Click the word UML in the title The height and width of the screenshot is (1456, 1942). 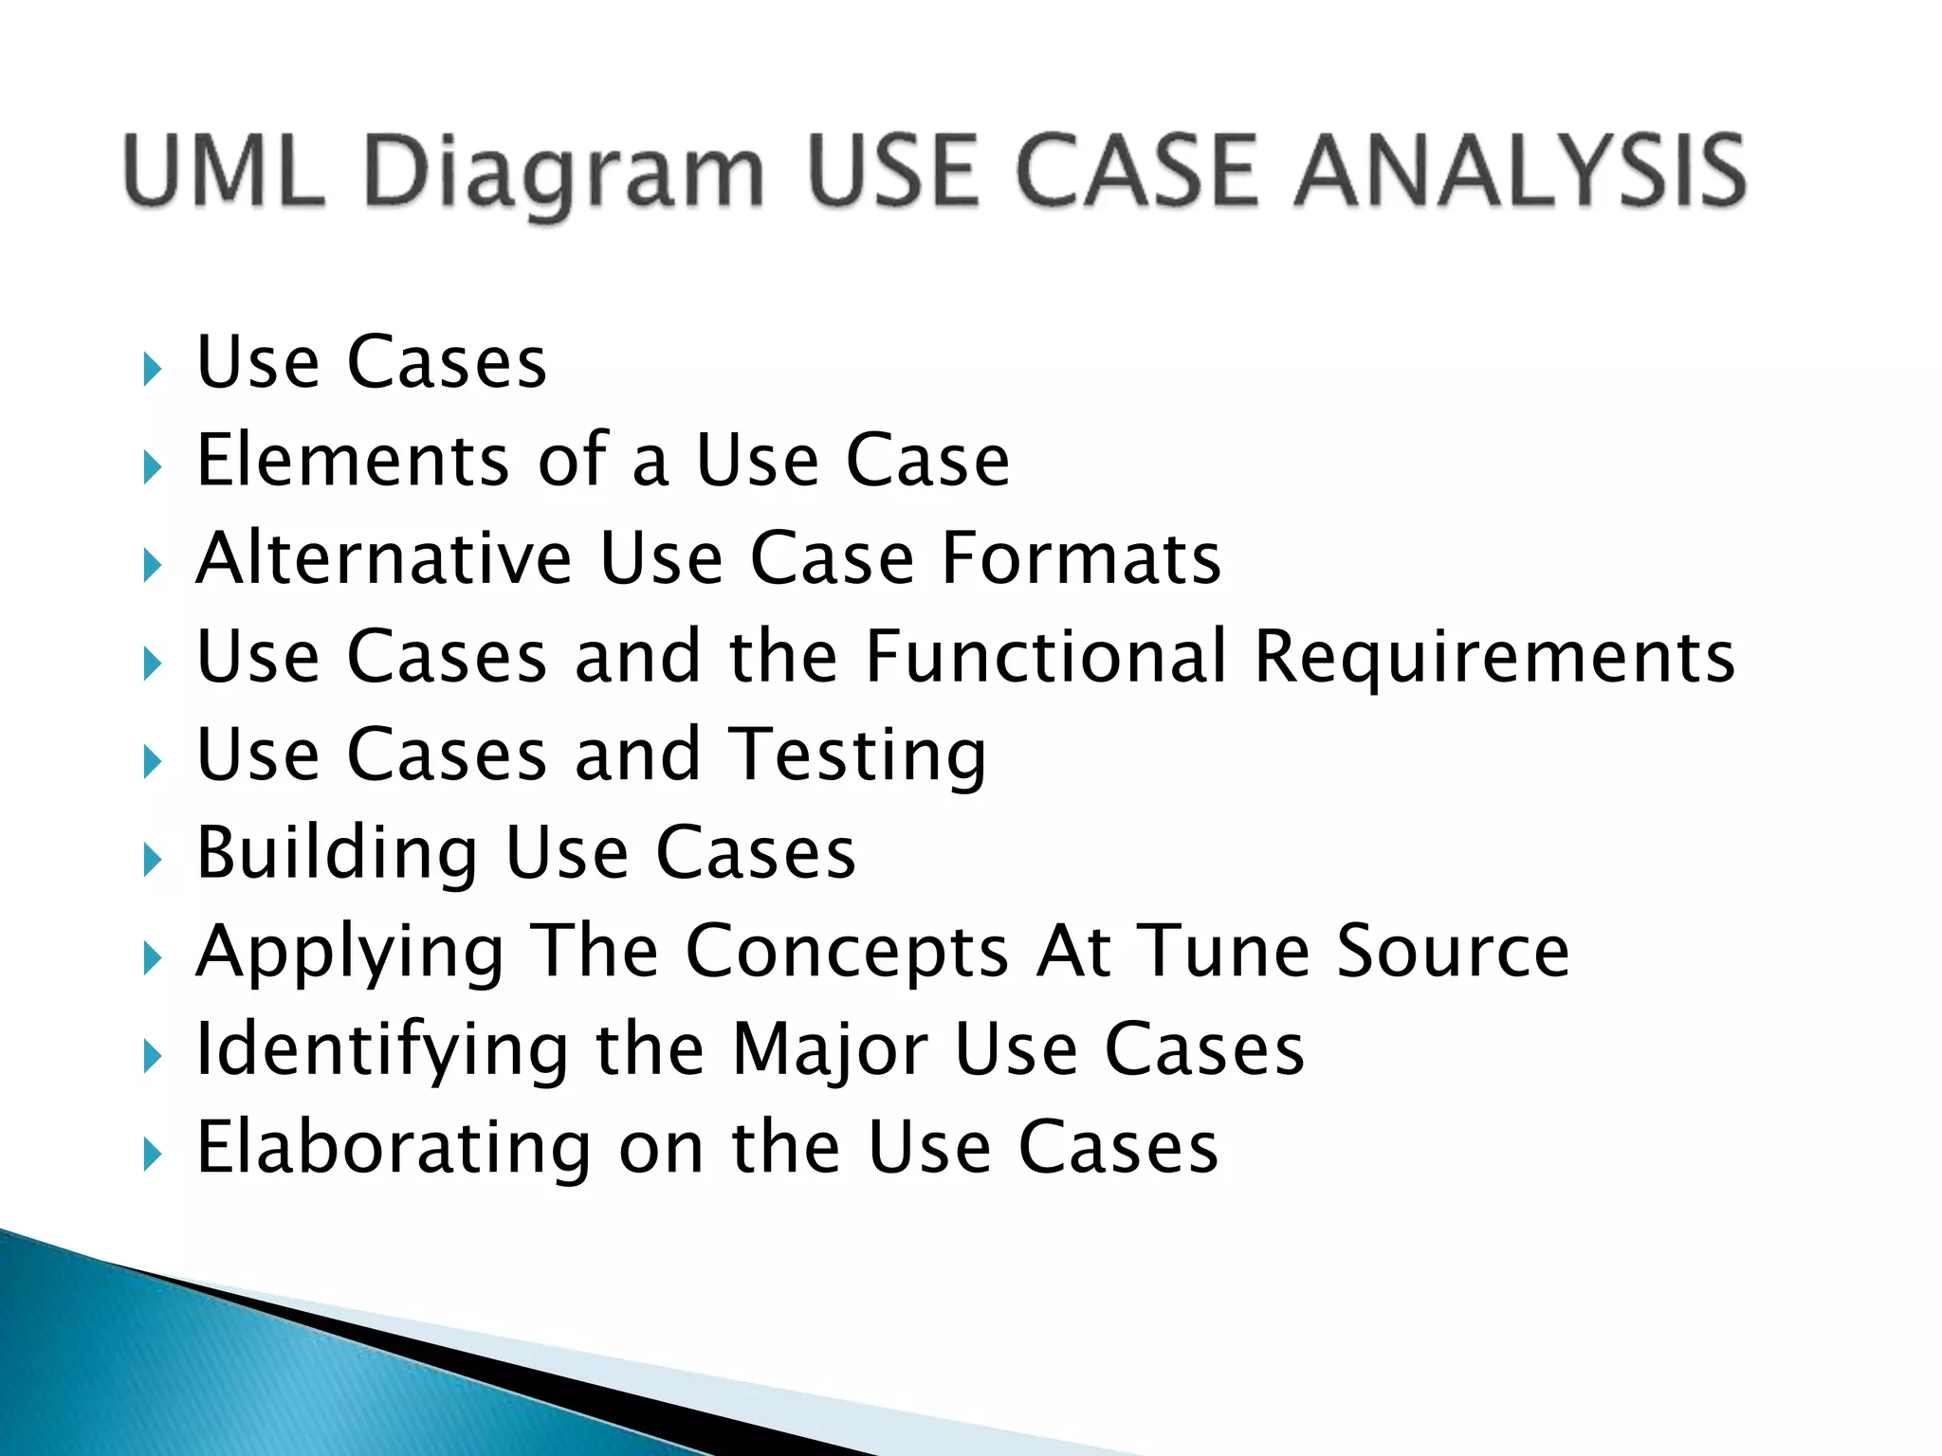[x=224, y=172]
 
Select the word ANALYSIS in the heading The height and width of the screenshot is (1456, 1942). [x=1521, y=172]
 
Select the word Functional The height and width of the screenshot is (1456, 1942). [x=1047, y=656]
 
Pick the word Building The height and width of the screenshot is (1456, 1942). [x=337, y=853]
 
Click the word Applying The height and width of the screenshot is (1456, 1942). [x=350, y=953]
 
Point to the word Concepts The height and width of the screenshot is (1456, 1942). [x=847, y=952]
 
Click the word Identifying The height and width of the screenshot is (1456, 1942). [x=382, y=1050]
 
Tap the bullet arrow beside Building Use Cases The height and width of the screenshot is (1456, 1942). [x=152, y=860]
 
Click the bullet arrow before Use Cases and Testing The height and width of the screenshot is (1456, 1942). [x=152, y=761]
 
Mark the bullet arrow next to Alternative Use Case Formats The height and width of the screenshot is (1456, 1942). [x=152, y=566]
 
